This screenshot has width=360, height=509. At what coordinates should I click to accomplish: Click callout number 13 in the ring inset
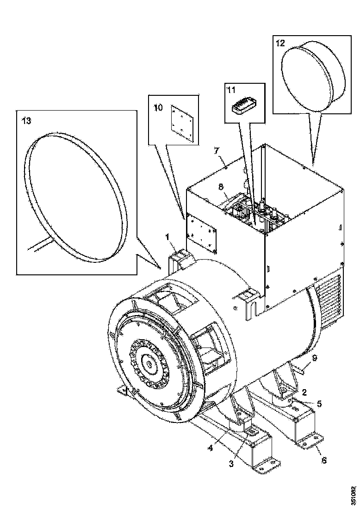click(26, 121)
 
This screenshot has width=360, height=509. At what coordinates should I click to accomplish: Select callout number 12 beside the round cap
click(280, 43)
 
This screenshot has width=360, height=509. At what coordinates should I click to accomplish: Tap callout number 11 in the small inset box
click(231, 90)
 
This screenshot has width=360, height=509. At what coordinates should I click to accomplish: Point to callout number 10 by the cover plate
click(158, 108)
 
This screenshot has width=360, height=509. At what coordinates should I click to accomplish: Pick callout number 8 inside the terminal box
click(221, 187)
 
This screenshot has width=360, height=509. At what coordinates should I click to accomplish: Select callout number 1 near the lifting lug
click(168, 237)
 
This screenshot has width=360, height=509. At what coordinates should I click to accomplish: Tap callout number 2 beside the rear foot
click(304, 392)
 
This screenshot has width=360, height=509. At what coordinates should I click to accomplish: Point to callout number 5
click(319, 403)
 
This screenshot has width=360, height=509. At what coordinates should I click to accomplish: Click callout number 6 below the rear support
click(324, 459)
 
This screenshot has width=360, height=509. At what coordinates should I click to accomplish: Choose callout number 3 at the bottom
click(231, 464)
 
